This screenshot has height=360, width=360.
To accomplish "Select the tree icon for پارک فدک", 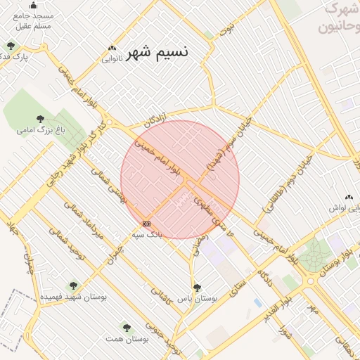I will tap(11, 46).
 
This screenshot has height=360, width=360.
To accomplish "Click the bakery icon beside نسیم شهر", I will tap(112, 49).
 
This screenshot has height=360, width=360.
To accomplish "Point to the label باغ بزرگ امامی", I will tap(35, 130).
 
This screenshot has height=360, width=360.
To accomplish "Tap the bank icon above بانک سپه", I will tap(146, 224).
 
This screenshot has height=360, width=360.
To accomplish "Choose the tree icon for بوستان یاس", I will tap(197, 287).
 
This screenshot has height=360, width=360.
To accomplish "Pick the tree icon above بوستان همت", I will tap(127, 328).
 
